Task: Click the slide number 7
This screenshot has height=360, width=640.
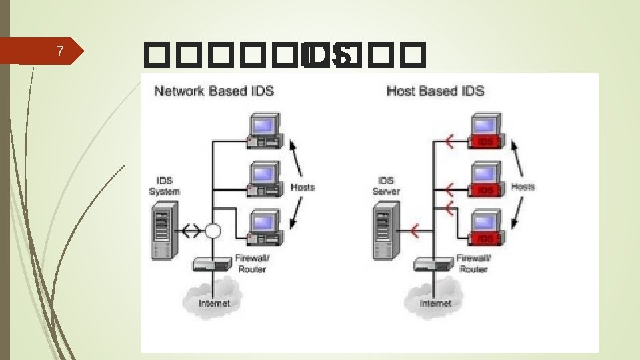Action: (60, 51)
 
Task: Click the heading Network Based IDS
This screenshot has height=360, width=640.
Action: (214, 91)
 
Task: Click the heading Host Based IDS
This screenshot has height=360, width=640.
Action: (435, 91)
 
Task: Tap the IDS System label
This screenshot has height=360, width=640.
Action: (164, 186)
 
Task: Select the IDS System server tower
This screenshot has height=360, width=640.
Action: (163, 233)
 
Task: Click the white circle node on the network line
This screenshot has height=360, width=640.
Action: (213, 231)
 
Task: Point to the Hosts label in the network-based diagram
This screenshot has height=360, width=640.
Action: (302, 187)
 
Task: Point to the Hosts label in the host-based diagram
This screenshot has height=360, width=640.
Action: (523, 187)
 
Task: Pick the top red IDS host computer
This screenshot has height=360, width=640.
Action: (485, 131)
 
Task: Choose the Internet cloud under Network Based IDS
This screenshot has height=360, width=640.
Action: (213, 299)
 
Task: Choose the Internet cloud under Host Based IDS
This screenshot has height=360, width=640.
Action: (435, 299)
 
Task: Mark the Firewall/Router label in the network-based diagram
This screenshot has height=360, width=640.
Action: (251, 263)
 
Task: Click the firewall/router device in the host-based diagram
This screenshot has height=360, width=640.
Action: (434, 265)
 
